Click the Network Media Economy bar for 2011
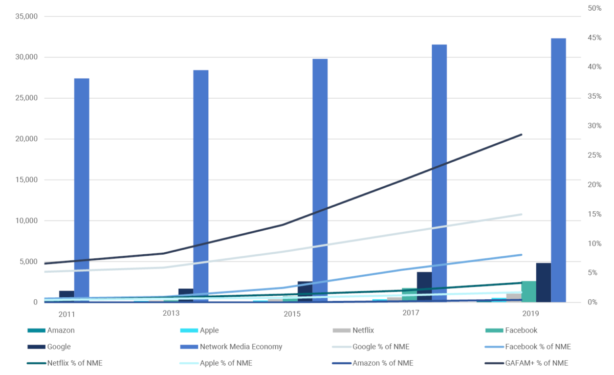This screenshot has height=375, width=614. (x=82, y=190)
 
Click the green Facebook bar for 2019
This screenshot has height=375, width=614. (x=529, y=292)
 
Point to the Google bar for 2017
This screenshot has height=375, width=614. (x=424, y=286)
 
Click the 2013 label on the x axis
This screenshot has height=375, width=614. (x=171, y=312)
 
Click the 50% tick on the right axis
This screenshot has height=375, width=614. (x=594, y=8)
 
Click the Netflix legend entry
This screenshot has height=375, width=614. (x=363, y=330)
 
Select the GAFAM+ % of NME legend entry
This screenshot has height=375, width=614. (x=536, y=363)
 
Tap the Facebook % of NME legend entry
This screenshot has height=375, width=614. (x=538, y=347)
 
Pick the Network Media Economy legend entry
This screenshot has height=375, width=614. (x=240, y=347)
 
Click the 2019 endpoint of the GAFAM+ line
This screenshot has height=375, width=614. (x=521, y=135)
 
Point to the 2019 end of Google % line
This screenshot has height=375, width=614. (x=521, y=214)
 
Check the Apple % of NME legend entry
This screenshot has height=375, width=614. (x=226, y=363)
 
